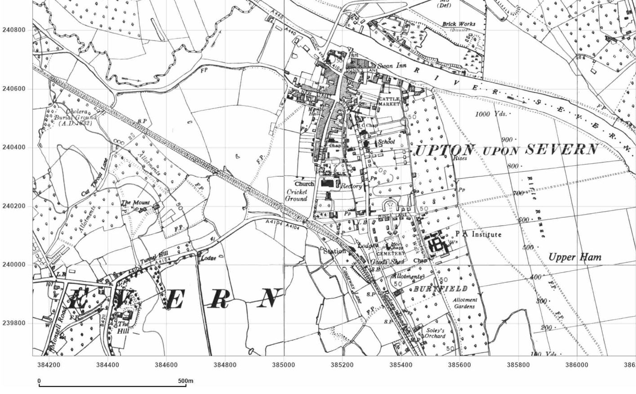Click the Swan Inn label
point(391,66)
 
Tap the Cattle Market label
point(389,101)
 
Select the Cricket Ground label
point(297,195)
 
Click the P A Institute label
point(478,234)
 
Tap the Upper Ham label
point(574,257)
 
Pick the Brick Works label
point(458,24)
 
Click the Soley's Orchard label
point(435,333)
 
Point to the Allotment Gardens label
point(464,303)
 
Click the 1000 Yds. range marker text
point(491,114)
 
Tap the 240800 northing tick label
point(14,30)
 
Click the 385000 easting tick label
point(284,365)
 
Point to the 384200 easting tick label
point(49,365)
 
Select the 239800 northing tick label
point(14,323)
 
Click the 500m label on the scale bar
point(186,381)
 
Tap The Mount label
point(135,203)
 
